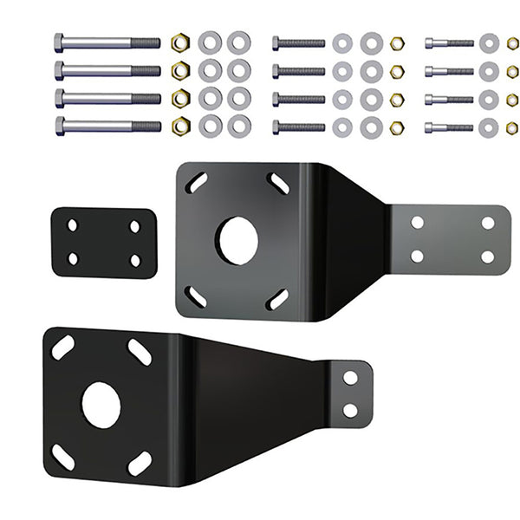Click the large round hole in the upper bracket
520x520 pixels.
pos(237,240)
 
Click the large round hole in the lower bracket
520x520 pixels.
pos(101,405)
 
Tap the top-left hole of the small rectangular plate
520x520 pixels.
pos(73,225)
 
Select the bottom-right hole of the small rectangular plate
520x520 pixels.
pos(135,260)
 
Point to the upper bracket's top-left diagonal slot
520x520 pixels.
pos(197,184)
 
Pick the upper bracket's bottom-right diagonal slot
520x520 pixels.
pos(277,299)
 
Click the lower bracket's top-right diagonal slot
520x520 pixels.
pos(140,352)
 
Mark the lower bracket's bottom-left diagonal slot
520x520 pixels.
pos(62,457)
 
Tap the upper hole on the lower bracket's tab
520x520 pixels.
pos(350,378)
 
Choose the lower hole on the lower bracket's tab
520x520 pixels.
pos(350,410)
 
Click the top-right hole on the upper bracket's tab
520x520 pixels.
pos(488,223)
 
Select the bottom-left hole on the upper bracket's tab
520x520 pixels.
pos(418,256)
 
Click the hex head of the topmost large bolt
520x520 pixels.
pos(59,42)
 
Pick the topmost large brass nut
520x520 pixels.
pos(180,42)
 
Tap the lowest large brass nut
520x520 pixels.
pos(180,126)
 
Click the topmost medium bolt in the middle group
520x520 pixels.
pos(299,42)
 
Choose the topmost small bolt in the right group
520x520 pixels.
pos(449,42)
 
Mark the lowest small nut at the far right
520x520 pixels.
pos(512,127)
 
